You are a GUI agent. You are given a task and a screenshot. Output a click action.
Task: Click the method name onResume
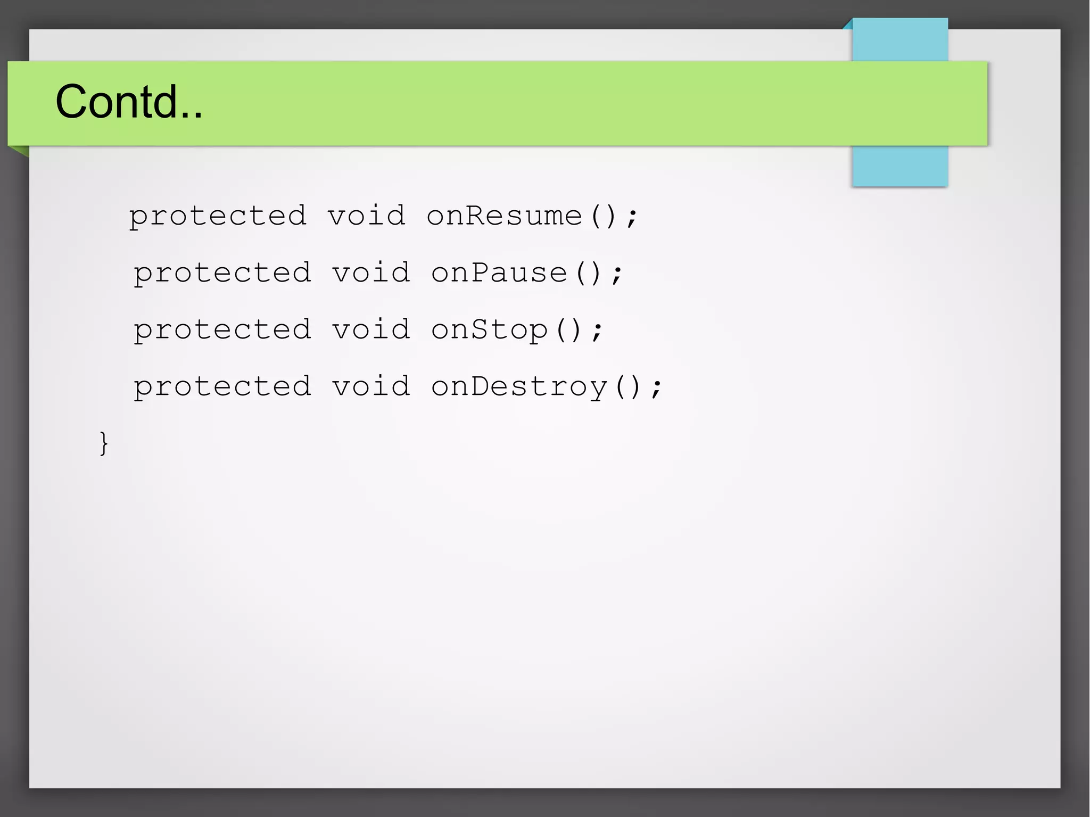coord(505,216)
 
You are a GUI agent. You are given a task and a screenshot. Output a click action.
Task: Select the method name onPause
coord(499,273)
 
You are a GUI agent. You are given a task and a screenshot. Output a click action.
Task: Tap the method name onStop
coord(489,330)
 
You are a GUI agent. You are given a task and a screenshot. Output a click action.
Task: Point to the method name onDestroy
coord(519,387)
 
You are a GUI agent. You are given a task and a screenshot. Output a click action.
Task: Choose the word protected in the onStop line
coord(222,331)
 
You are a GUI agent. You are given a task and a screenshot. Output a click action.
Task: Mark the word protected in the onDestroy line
coord(222,387)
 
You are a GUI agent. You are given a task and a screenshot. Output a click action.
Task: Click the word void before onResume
coord(366,216)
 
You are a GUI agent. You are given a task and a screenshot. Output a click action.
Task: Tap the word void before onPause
coord(371,273)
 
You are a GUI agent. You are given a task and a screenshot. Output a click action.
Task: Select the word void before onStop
coord(371,330)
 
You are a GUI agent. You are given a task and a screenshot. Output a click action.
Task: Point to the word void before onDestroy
coord(371,387)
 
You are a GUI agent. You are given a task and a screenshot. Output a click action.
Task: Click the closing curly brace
coord(104,443)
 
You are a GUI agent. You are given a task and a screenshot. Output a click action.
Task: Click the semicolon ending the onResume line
coord(632,218)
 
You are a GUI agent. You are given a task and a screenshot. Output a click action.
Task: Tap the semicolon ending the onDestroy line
coord(657,389)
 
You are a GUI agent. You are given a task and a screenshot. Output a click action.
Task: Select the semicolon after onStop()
coord(597,332)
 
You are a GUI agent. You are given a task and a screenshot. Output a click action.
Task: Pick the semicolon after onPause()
coord(617,275)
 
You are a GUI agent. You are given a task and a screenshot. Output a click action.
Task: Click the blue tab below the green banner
coord(899,166)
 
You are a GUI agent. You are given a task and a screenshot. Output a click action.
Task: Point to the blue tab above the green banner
coord(899,39)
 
